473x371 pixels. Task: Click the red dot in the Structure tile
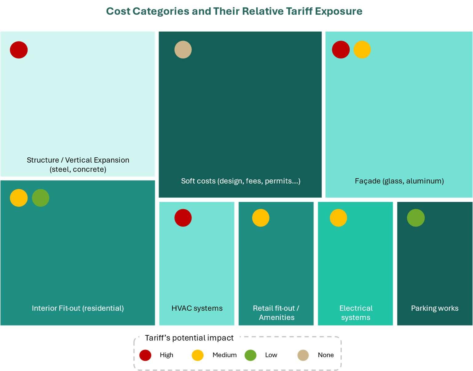click(x=19, y=50)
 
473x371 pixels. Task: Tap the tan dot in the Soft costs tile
click(x=183, y=49)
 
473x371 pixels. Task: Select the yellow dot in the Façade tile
click(x=362, y=49)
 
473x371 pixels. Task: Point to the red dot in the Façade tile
click(x=341, y=49)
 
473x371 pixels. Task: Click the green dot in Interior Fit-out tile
click(x=41, y=198)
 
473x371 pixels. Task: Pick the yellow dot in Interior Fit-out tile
click(x=19, y=198)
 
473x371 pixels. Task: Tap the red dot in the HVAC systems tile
click(x=183, y=218)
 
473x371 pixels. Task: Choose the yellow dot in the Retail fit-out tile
click(x=261, y=218)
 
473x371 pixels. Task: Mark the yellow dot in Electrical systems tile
click(x=339, y=218)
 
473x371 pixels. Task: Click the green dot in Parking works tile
click(x=416, y=218)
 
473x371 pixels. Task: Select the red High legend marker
click(x=145, y=355)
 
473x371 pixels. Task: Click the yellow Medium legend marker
click(x=198, y=355)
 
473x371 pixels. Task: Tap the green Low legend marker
click(x=251, y=355)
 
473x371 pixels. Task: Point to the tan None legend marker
click(x=303, y=355)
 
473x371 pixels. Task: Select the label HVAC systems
click(x=197, y=308)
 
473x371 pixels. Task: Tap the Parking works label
click(x=435, y=308)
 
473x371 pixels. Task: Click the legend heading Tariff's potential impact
click(x=189, y=338)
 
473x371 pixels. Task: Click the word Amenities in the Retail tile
click(x=277, y=318)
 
